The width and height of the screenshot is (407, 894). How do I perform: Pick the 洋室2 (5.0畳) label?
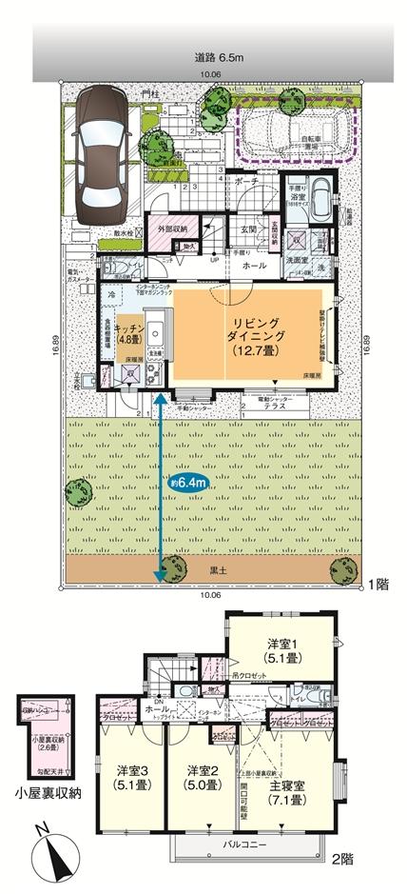coord(202,776)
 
